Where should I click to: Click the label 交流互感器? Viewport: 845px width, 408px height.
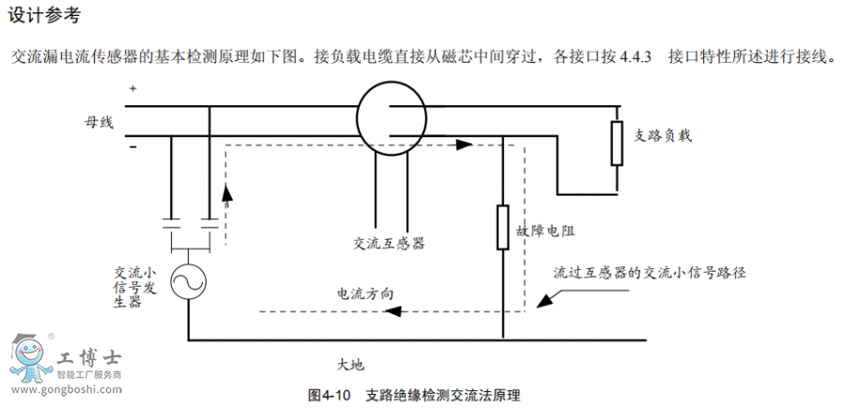coord(389,243)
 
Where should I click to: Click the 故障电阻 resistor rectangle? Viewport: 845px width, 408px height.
coord(503,227)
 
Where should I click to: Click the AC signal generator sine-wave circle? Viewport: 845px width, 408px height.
coord(189,279)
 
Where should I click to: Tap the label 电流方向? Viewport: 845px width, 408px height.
coord(365,293)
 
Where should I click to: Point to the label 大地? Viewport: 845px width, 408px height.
coord(350,362)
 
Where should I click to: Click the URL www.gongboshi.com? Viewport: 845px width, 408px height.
coord(62,387)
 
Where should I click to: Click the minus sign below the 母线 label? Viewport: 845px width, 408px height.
coord(132,145)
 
